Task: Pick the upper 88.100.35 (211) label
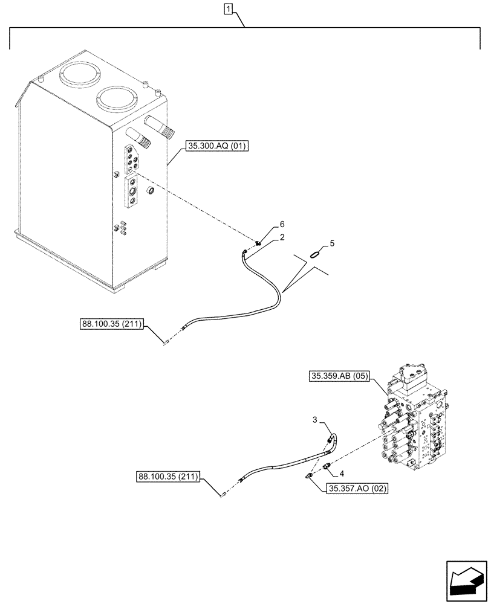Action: (111, 324)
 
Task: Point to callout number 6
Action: (281, 225)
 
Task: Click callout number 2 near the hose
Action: (281, 239)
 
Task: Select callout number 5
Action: (331, 243)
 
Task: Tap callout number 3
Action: (315, 419)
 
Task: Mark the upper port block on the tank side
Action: (133, 159)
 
